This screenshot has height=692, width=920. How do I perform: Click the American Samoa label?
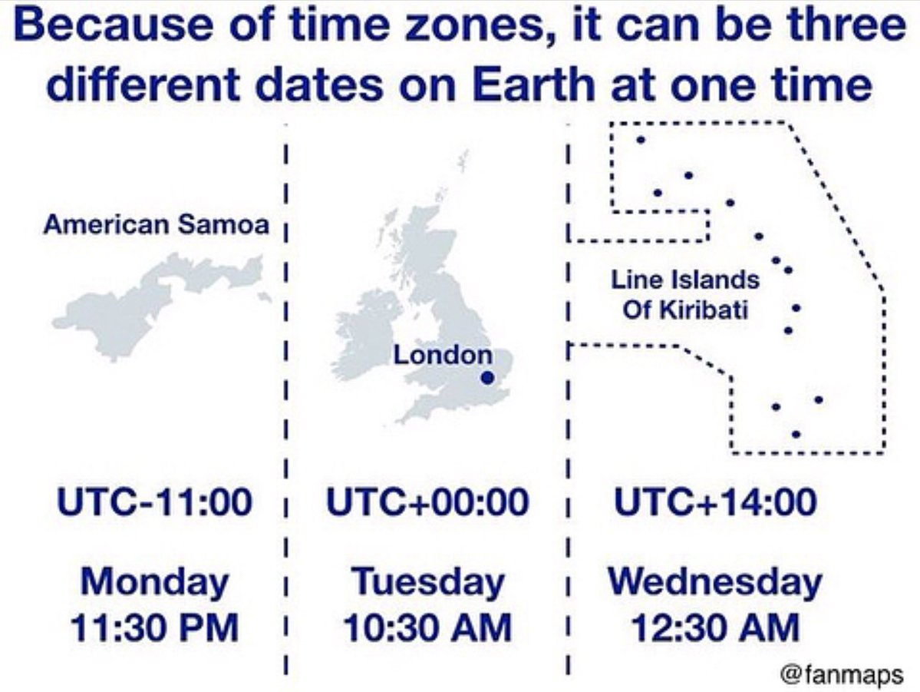(x=156, y=224)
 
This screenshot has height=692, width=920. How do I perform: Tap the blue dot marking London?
(x=487, y=379)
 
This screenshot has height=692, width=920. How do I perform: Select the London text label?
(x=443, y=355)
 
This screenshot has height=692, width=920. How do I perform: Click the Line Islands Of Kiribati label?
(x=685, y=294)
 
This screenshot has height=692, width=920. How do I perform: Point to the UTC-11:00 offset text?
(x=154, y=502)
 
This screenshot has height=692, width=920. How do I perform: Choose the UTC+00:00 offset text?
(x=427, y=502)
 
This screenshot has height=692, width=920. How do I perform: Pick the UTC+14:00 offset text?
(x=715, y=502)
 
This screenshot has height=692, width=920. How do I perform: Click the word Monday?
(x=154, y=581)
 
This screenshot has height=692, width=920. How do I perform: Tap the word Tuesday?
(x=427, y=581)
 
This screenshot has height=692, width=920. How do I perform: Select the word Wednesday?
(x=715, y=581)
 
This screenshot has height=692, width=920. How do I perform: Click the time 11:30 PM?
(x=154, y=627)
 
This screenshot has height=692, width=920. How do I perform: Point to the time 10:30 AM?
(x=427, y=627)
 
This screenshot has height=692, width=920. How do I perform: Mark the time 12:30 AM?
(x=715, y=627)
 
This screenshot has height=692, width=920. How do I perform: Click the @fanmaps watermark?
(x=842, y=674)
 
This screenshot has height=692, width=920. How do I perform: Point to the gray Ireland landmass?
(x=367, y=336)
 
